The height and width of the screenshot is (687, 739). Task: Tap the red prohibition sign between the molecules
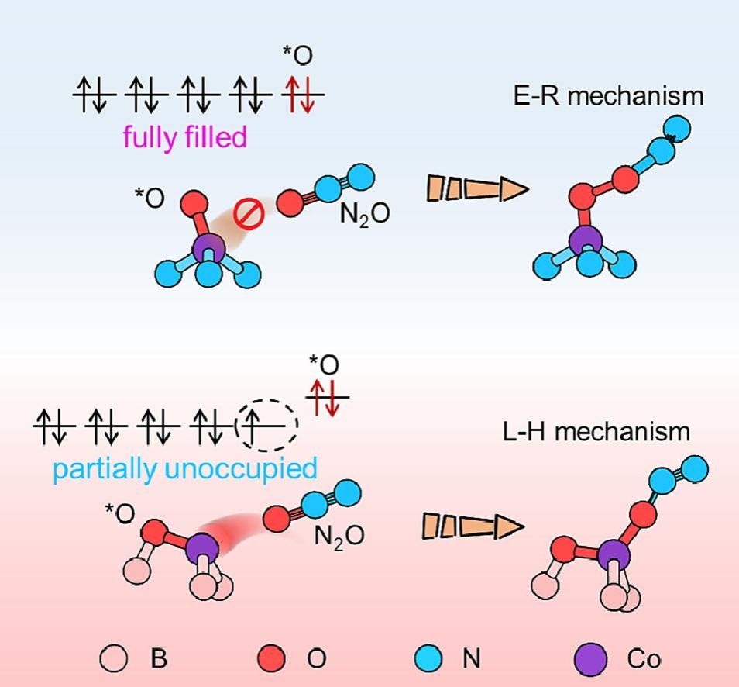pyautogui.click(x=250, y=212)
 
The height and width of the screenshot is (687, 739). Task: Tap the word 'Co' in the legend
pyautogui.click(x=644, y=660)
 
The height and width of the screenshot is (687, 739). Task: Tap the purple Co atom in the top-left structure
pyautogui.click(x=209, y=248)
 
